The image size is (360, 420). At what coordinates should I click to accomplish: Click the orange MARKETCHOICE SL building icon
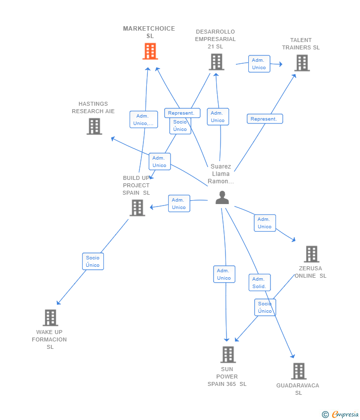point(150,51)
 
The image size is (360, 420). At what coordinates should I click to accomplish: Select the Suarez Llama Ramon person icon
point(222,198)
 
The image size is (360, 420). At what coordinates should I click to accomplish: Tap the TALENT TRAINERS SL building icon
point(302,63)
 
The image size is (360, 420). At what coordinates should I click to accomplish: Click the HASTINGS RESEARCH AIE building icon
point(94,126)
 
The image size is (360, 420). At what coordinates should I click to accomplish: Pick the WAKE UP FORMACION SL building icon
point(50,318)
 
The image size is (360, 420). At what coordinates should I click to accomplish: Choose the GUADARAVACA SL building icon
point(298,371)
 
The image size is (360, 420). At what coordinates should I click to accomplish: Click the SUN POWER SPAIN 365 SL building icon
point(227,354)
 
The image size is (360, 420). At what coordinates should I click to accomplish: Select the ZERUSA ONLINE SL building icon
point(311,254)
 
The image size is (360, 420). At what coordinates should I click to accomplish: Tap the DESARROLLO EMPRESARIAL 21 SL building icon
point(216,62)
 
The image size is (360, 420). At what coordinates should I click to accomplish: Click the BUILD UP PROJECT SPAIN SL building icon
point(137,208)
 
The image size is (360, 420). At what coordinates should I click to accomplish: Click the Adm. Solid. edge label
point(259,283)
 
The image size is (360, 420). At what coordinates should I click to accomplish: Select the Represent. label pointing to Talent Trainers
point(265,119)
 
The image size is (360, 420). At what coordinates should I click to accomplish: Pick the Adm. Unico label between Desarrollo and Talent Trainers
point(259,64)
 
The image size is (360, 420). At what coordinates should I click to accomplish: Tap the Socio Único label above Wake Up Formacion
point(92,261)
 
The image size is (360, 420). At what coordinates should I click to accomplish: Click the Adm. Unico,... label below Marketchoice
point(143,120)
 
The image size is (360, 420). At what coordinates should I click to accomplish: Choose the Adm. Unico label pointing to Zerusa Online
point(265,223)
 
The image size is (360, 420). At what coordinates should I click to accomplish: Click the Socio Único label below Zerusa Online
point(265,307)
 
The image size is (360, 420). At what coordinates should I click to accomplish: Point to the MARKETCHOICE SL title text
point(149,32)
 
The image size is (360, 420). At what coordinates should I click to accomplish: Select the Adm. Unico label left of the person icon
point(179,204)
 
